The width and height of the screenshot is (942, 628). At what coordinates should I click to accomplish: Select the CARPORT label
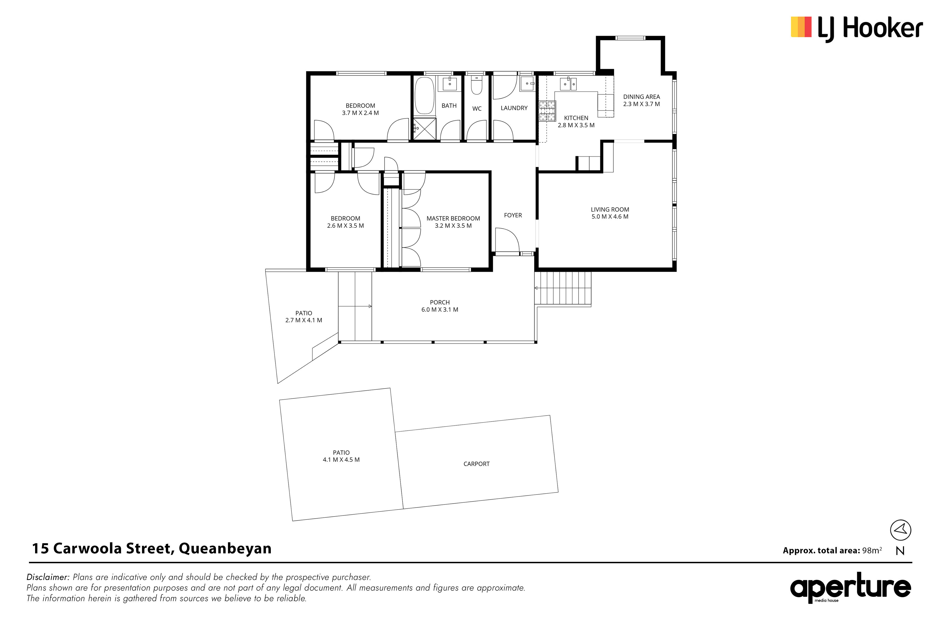coord(477,464)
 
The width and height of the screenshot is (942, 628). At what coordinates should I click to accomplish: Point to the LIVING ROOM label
coord(610,210)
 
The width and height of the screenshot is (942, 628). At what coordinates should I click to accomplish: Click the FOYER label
coord(513,215)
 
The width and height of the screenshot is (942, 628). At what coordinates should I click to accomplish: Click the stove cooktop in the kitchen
coord(548,110)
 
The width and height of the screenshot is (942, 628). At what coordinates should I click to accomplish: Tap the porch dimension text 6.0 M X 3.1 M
coord(440,310)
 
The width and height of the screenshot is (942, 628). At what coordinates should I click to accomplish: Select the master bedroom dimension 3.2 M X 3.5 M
coord(453,226)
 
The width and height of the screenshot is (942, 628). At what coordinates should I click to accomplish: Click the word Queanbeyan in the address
coord(225,548)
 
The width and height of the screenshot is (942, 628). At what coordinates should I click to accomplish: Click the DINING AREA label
coord(642,97)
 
